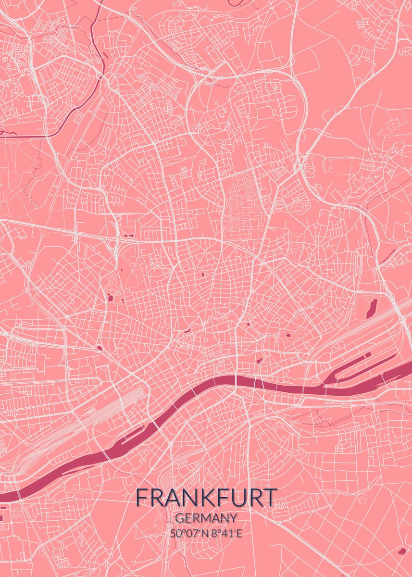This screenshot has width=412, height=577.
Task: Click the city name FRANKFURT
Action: tap(206, 498)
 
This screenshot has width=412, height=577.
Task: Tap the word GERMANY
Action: tap(206, 518)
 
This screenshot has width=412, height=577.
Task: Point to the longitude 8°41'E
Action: tap(225, 533)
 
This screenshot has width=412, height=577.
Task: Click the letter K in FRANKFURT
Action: tap(200, 498)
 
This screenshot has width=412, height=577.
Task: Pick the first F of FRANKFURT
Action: tap(141, 498)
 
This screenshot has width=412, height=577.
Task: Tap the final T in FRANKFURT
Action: tap(271, 498)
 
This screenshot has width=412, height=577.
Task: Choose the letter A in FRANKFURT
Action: tap(169, 498)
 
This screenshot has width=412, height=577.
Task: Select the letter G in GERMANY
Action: tap(179, 518)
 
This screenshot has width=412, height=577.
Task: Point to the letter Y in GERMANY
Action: tap(233, 518)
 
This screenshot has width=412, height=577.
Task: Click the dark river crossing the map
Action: tap(216, 382)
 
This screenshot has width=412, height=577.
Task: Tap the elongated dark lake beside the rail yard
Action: tap(371, 308)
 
